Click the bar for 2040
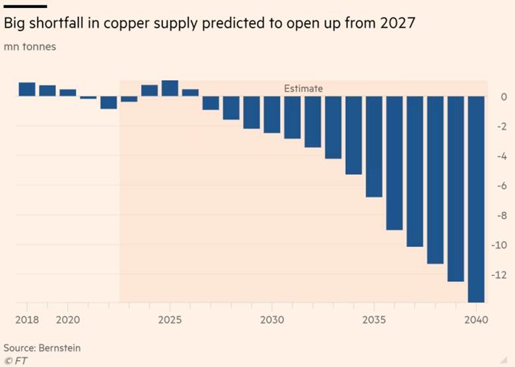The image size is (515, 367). tap(475, 199)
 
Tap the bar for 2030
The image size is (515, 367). tap(272, 115)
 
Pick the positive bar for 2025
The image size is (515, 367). tap(170, 88)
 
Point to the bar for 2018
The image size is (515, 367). tap(27, 90)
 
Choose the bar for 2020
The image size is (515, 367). tap(68, 93)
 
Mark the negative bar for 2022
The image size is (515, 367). tap(108, 102)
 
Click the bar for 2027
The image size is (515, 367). tap(211, 103)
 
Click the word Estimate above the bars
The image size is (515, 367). tap(303, 88)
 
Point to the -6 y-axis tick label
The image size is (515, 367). tap(500, 186)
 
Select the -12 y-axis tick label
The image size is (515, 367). tap(498, 275)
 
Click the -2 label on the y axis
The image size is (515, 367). tap(500, 127)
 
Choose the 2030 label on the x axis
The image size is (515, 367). tap(272, 320)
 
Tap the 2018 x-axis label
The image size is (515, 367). tap(27, 320)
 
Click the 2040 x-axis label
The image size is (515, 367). tap(475, 320)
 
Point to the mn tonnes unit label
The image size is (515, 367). tap(30, 48)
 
